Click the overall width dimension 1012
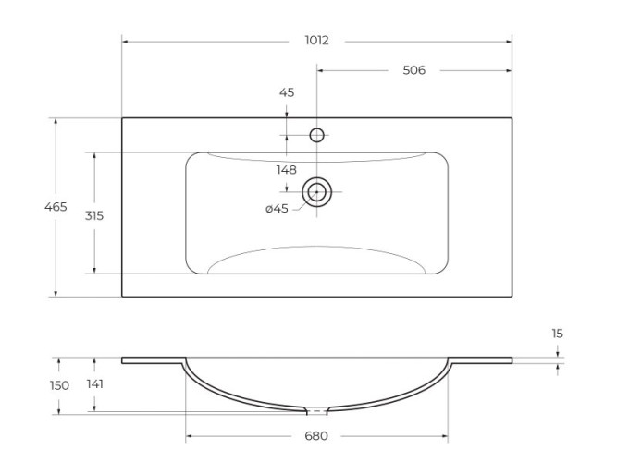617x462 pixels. coord(316,41)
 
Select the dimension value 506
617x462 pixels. coord(413,70)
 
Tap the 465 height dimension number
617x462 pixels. coord(56,207)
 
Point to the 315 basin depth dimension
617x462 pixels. coord(93,214)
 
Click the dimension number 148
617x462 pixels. coord(286,169)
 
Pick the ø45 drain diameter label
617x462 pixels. coord(278,209)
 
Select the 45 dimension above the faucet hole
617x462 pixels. coord(286,92)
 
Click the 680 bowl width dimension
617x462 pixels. coord(316,436)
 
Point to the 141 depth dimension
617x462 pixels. coord(94,383)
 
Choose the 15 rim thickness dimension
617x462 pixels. coord(557,333)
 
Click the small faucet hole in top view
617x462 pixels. coord(316,136)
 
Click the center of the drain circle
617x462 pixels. coord(317,192)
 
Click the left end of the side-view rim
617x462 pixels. coord(124,359)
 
